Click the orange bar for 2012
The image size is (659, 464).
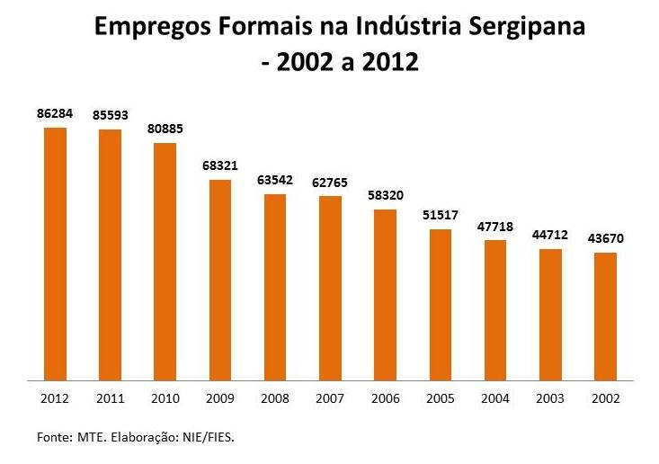55,254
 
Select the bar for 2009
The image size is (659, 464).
220,280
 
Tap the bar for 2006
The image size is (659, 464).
385,295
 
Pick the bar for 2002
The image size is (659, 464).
605,317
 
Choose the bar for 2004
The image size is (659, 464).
495,310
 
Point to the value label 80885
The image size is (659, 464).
165,129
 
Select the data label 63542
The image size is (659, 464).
275,180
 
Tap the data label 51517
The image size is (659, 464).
441,215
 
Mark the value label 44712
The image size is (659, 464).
550,235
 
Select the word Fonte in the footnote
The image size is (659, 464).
53,437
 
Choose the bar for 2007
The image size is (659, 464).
330,288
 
